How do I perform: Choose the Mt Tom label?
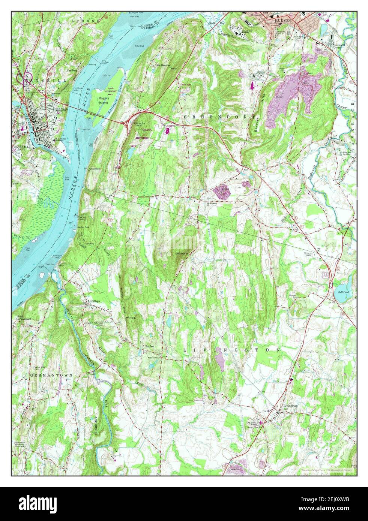(130, 318)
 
